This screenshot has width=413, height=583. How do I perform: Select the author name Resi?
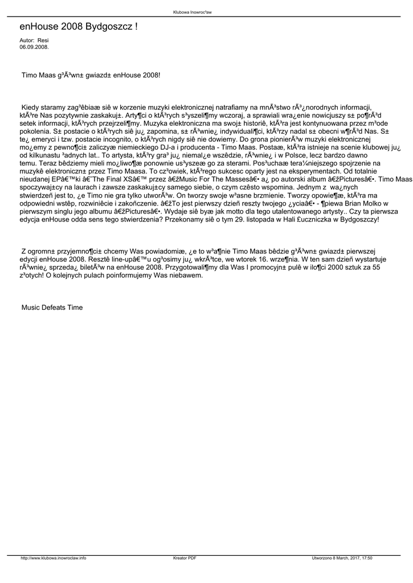(43, 40)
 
